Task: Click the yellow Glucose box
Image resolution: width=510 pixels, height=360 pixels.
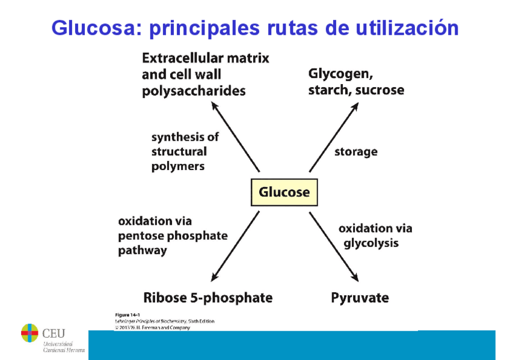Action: [x=284, y=192]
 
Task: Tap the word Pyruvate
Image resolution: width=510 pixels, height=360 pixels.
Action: [x=360, y=297]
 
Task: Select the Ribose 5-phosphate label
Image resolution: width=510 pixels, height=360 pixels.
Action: [x=207, y=297]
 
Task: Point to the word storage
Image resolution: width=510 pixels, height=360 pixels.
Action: [x=356, y=151]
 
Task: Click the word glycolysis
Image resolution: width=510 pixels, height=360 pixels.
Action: [x=370, y=243]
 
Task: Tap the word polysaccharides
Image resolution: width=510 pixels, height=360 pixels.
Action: [x=194, y=91]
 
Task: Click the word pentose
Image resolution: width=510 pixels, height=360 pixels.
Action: [x=141, y=236]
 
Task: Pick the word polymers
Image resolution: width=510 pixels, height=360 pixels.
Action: [x=178, y=166]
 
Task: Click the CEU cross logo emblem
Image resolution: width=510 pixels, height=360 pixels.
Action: [x=29, y=332]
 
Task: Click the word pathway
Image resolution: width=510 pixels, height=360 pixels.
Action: [x=142, y=251]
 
